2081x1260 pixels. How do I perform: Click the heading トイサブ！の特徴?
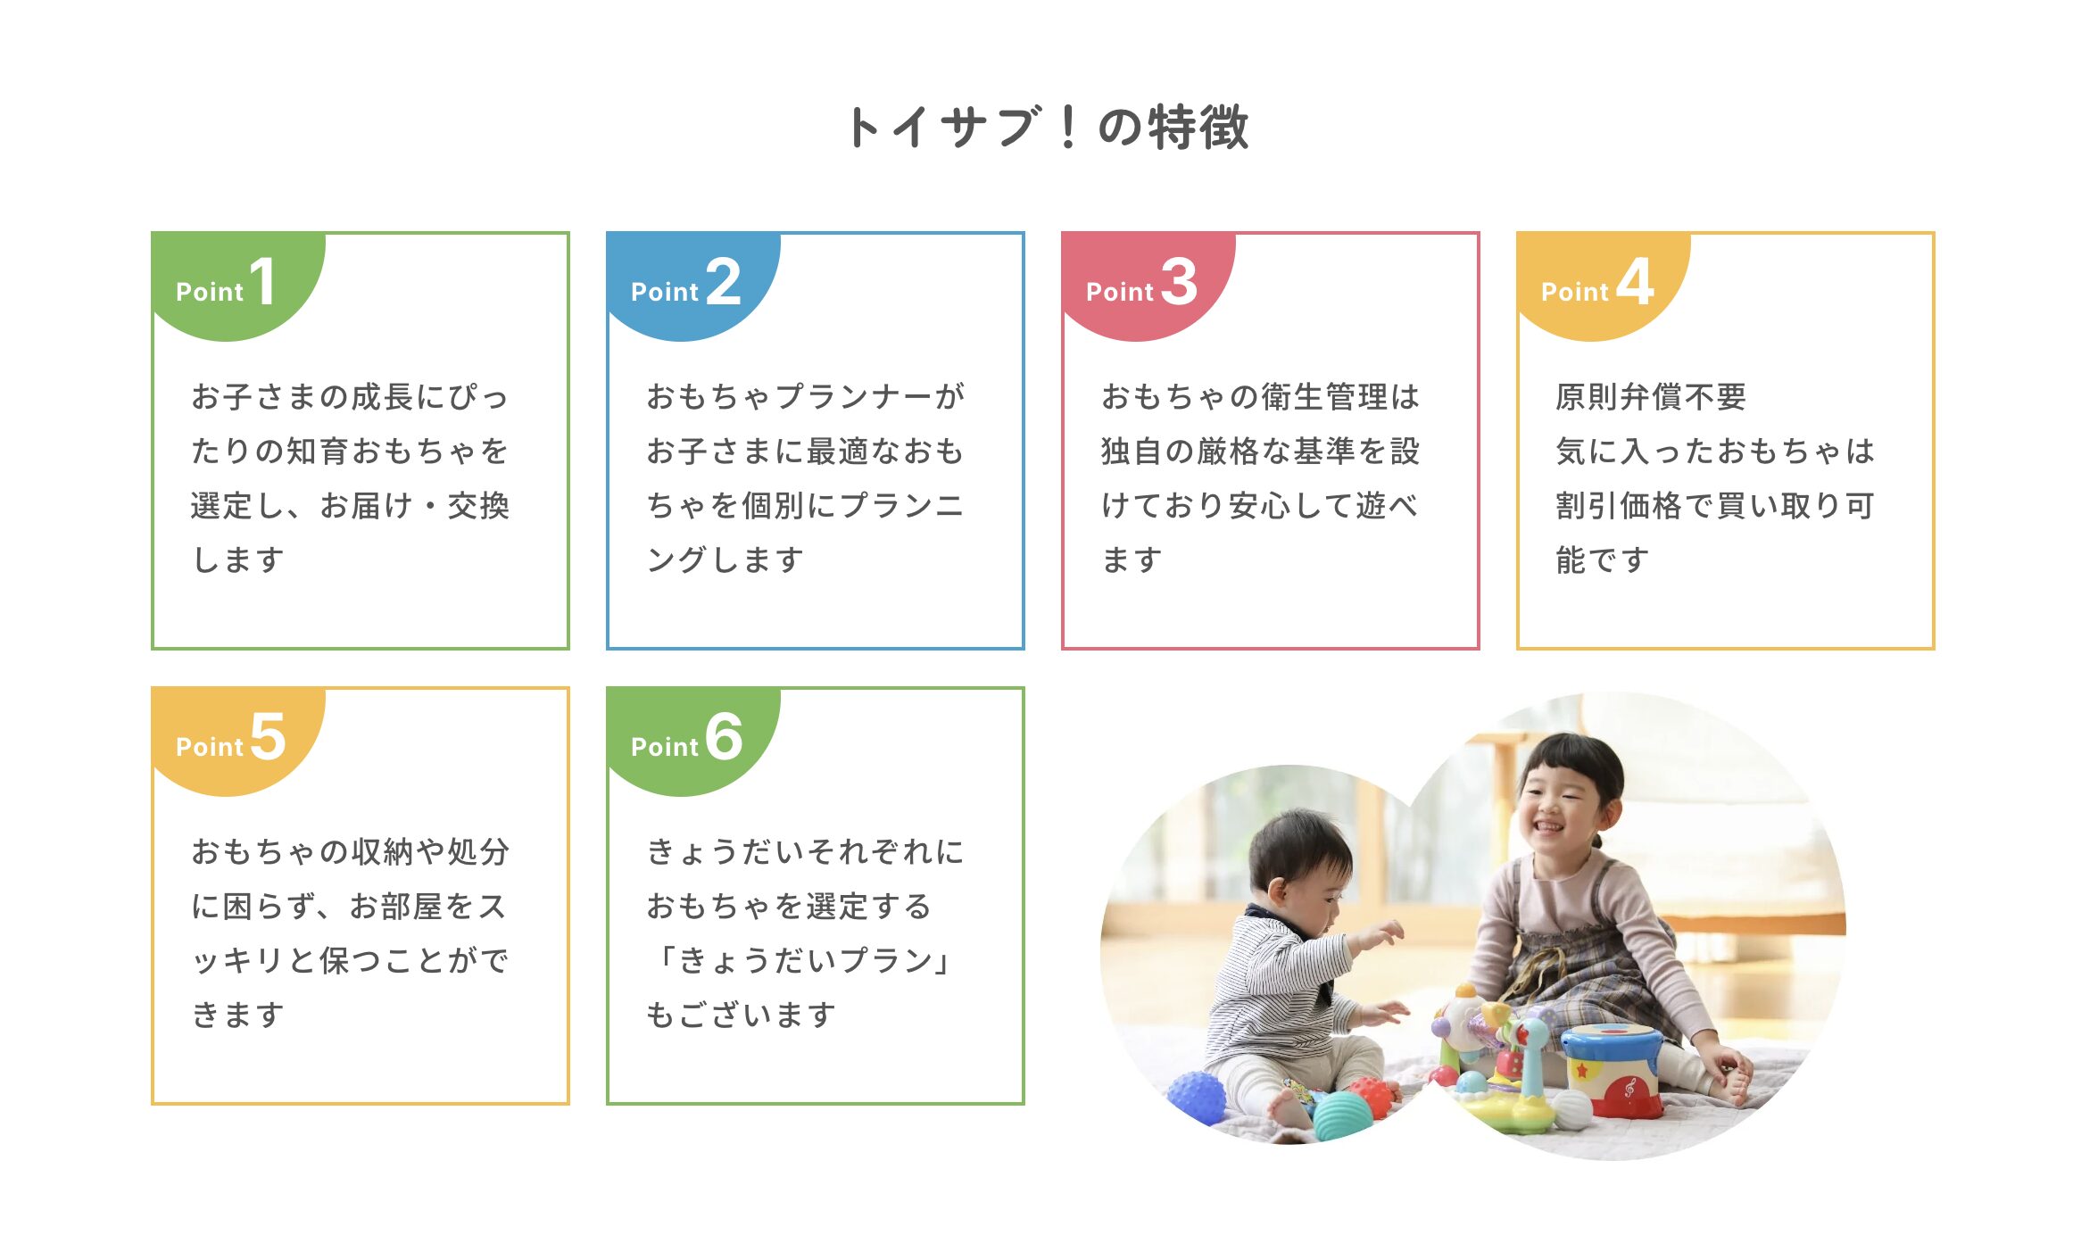coord(1048,127)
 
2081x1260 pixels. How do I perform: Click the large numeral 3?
coord(1179,282)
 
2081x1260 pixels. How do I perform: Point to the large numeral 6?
coord(724,737)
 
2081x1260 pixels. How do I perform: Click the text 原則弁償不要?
coord(1651,397)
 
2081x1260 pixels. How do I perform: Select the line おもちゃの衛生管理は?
coord(1260,397)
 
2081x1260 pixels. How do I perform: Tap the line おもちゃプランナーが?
coord(805,397)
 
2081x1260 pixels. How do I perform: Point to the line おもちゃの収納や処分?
coord(350,852)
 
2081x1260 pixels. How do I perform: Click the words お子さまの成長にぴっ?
coord(350,397)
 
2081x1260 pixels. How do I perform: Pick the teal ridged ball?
coord(1344,1115)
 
